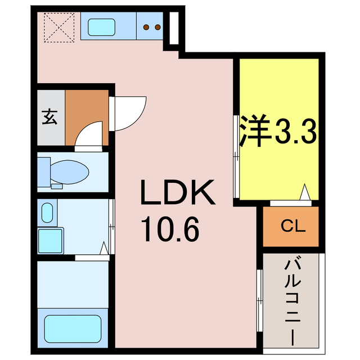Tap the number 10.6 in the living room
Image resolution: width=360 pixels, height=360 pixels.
170,229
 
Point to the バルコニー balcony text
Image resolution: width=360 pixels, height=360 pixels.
291,300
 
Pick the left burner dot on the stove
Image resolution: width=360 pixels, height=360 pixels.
147,26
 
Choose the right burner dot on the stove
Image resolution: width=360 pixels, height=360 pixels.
158,26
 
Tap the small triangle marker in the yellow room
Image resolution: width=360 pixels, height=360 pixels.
304,193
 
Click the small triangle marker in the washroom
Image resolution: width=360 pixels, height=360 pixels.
104,247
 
